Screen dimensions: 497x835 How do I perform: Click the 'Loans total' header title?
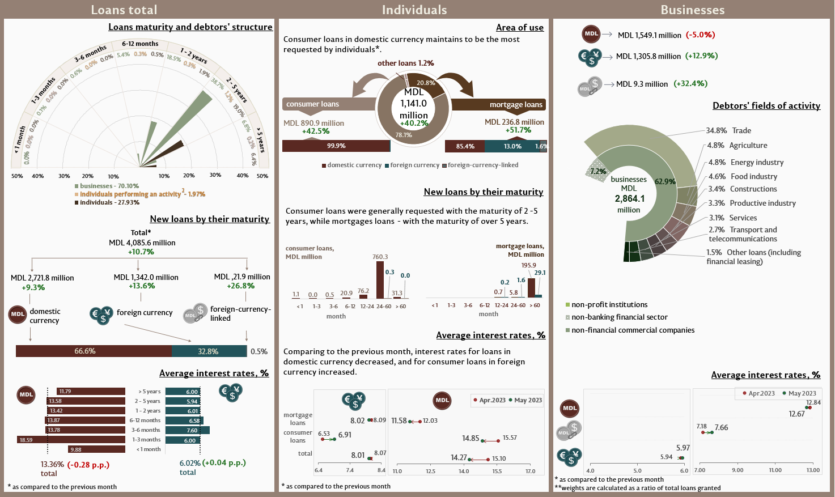click(x=124, y=10)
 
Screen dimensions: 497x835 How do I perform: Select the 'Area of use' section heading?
click(x=519, y=27)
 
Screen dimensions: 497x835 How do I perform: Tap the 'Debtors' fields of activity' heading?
click(x=766, y=105)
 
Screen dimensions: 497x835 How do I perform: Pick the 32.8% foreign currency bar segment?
click(x=209, y=351)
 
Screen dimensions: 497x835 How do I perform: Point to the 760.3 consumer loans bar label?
click(x=380, y=257)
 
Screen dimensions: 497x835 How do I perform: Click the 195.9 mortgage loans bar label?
click(x=528, y=265)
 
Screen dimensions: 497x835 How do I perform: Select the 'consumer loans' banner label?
click(x=313, y=104)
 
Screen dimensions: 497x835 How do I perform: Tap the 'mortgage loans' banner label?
click(x=516, y=105)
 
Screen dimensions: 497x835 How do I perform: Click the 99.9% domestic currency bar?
click(x=336, y=146)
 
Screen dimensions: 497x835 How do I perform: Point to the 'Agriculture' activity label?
click(x=748, y=146)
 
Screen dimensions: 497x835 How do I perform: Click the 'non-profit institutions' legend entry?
click(x=609, y=305)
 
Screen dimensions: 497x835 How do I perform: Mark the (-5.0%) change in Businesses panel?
click(x=700, y=35)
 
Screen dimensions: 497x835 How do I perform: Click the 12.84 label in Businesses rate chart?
click(x=813, y=402)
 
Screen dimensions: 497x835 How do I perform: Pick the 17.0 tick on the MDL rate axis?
click(x=530, y=471)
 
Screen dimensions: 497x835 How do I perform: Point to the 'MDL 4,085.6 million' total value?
click(x=142, y=243)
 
